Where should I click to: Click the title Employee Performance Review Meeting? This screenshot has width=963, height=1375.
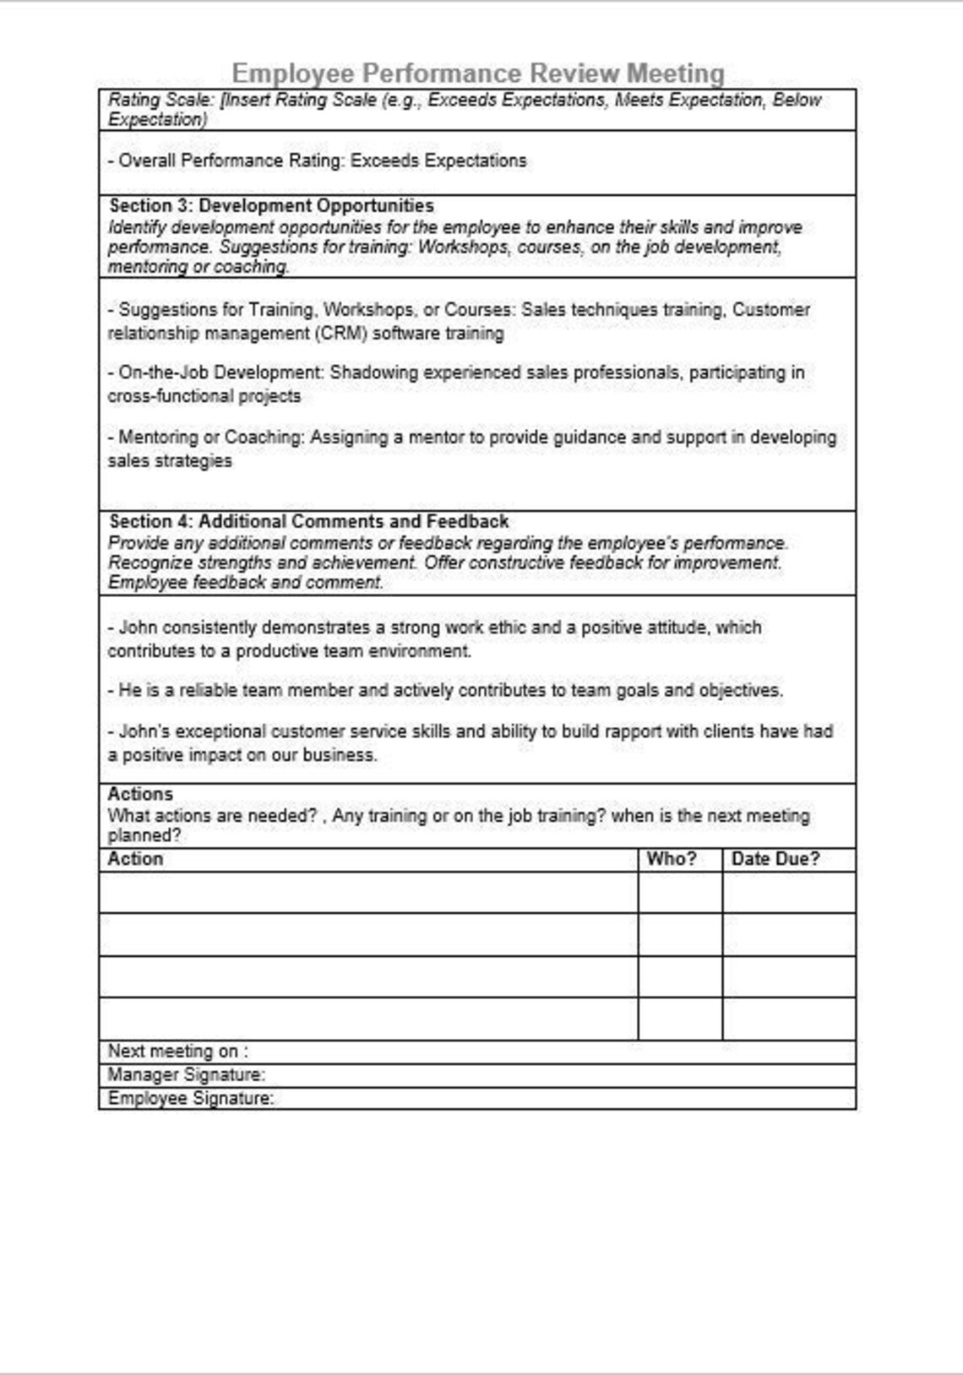(x=478, y=73)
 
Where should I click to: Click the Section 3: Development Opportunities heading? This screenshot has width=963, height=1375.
(x=271, y=206)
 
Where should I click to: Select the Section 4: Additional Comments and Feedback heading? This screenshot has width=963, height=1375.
(x=309, y=522)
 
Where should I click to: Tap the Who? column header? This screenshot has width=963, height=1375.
(x=672, y=860)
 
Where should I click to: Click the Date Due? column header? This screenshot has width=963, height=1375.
(x=775, y=860)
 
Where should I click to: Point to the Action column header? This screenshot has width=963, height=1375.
(x=135, y=860)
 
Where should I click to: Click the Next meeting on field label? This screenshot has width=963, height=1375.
(x=177, y=1052)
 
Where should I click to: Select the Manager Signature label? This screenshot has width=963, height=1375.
(x=186, y=1075)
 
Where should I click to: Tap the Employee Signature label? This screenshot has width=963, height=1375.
(x=190, y=1099)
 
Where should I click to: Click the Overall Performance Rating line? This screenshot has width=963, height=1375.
(x=318, y=161)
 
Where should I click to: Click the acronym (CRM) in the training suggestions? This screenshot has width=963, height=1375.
(x=342, y=334)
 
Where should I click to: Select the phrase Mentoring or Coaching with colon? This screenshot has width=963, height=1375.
(x=212, y=438)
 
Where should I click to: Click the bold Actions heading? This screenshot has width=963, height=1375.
(x=140, y=795)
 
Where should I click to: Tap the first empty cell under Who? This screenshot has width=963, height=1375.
(x=680, y=893)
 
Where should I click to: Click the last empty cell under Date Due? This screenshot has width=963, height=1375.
(x=789, y=1019)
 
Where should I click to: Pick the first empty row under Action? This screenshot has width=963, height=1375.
(x=368, y=893)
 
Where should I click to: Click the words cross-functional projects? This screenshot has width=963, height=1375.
(x=204, y=397)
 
